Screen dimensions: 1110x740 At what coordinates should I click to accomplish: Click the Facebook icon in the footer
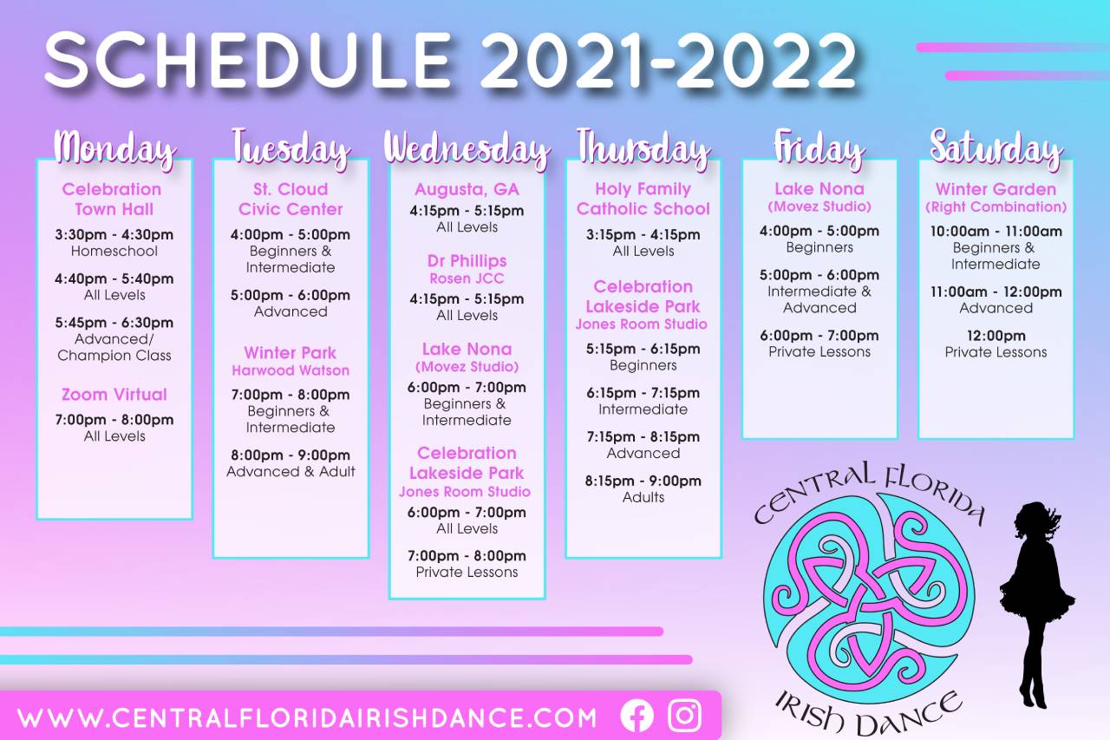coord(637,716)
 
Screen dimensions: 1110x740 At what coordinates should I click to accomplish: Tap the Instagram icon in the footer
coord(684,715)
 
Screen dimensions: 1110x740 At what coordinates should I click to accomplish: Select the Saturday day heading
coord(996,147)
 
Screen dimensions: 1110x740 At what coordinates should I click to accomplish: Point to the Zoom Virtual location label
coord(114,395)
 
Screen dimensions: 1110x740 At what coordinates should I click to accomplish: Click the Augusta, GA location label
coord(467,189)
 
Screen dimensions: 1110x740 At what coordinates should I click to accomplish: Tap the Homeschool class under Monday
coord(114,252)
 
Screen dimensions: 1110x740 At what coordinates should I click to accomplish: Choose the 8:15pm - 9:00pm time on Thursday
coord(643,481)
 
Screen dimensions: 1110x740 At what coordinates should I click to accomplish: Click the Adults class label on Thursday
coord(643,497)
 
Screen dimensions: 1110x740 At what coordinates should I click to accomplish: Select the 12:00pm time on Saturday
coord(996,336)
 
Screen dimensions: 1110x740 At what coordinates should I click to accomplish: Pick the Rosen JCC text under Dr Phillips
coord(467,278)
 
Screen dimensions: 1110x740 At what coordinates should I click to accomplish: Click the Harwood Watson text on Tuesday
coord(291,370)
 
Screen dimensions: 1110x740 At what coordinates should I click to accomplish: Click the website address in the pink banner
coord(307,718)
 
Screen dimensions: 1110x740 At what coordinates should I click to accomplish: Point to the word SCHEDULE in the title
coord(248,61)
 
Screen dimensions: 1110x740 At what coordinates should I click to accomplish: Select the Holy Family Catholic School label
coord(643,199)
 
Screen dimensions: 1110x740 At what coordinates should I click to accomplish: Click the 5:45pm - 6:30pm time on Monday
coord(114,323)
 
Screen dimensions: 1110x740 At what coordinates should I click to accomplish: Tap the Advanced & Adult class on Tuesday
coord(291,471)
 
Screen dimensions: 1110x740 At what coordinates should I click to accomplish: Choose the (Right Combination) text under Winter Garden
coord(996,207)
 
